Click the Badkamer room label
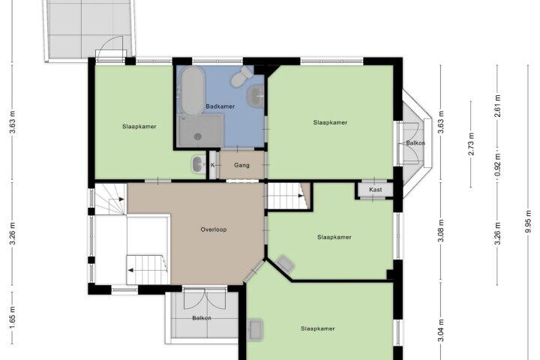tap(220, 106)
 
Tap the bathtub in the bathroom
tap(192, 90)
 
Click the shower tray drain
tap(197, 136)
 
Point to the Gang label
tap(241, 165)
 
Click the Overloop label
tap(214, 229)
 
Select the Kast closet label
tap(376, 190)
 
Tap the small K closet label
tap(212, 165)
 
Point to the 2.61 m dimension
tap(497, 106)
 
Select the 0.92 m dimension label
tap(497, 164)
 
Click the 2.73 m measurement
tap(471, 144)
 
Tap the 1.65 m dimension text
tap(13, 317)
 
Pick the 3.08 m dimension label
tap(441, 230)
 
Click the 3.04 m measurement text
tap(441, 330)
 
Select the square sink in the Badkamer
tap(256, 94)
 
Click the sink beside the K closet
tap(198, 164)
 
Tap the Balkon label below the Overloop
tap(202, 318)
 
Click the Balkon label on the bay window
tap(415, 143)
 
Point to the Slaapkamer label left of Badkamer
tap(139, 127)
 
